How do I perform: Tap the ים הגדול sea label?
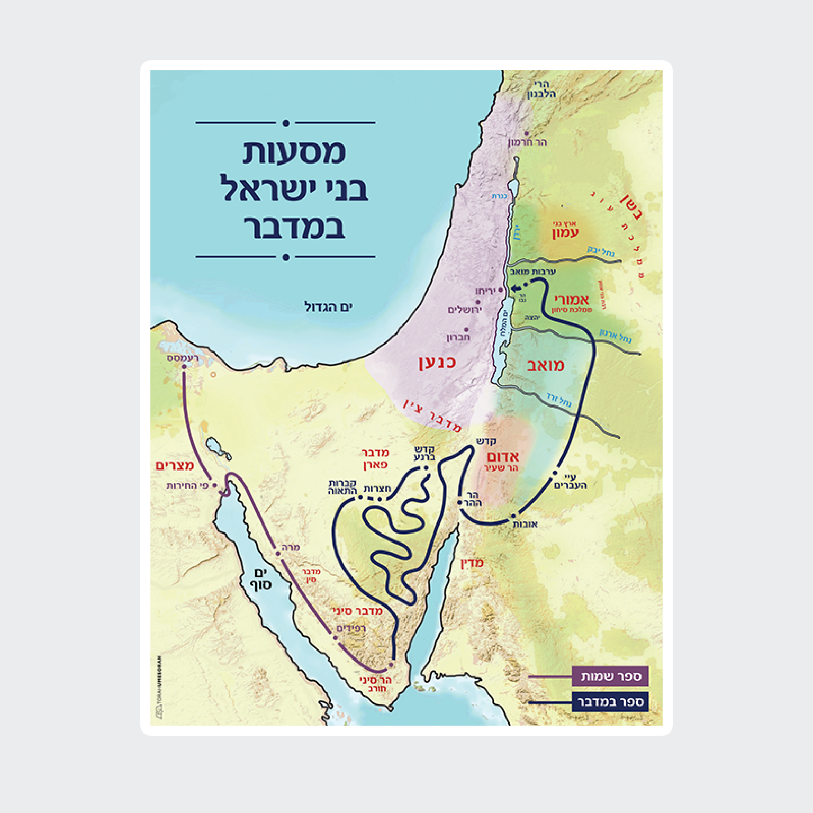pos(328,306)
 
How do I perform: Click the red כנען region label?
pos(437,363)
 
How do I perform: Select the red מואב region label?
pos(545,365)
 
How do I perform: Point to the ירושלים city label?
pos(464,310)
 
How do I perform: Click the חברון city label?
pos(458,337)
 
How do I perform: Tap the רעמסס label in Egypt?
pos(183,358)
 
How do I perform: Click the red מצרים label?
pos(175,465)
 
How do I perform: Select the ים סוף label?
pos(262,579)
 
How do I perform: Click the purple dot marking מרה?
pos(278,554)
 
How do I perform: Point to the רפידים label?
pos(351,628)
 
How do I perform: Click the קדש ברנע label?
pos(424,454)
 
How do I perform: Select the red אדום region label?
pos(503,456)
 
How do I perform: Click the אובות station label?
pos(525,524)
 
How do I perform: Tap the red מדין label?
pos(472,563)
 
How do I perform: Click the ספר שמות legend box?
pos(610,676)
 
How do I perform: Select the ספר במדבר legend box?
pos(610,702)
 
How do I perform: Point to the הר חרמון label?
pos(527,142)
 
